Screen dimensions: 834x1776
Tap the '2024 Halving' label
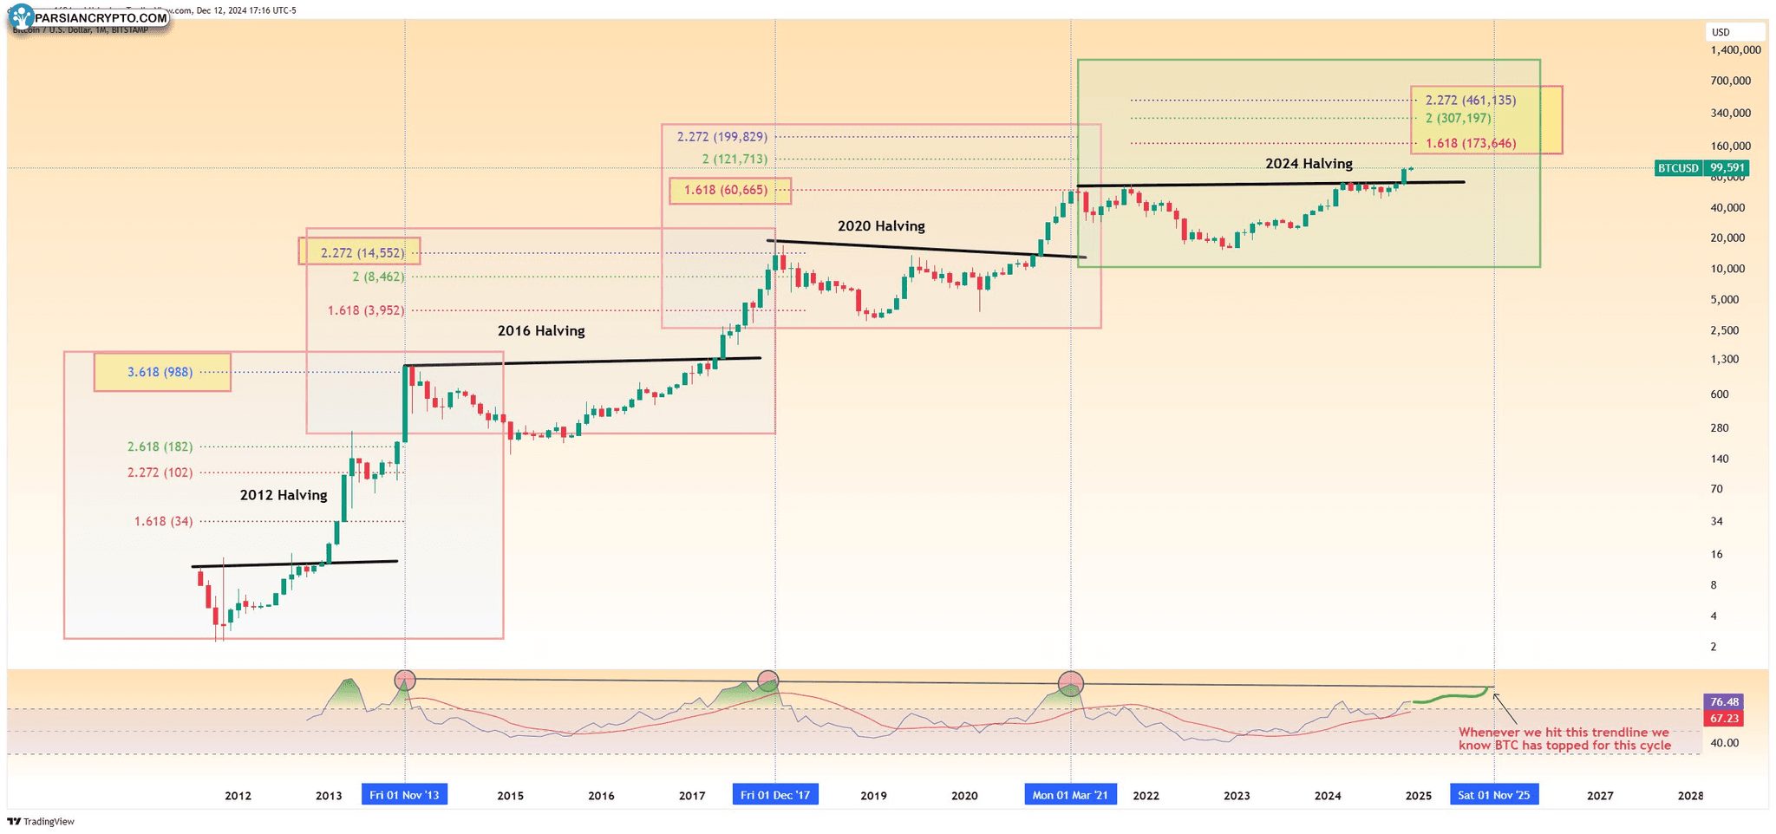point(1308,164)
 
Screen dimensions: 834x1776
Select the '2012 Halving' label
point(284,495)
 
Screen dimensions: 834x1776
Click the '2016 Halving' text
point(541,330)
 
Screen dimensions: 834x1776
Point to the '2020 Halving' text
point(881,226)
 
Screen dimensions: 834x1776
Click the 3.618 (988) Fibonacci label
point(161,372)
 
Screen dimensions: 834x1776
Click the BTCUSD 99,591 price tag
point(1701,168)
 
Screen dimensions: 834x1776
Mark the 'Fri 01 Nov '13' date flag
point(404,795)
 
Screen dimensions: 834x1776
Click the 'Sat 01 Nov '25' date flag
point(1493,795)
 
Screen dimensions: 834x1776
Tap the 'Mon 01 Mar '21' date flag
point(1070,795)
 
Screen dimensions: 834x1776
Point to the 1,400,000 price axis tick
point(1735,50)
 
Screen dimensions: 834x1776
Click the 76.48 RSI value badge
point(1724,702)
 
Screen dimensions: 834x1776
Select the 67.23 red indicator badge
point(1724,719)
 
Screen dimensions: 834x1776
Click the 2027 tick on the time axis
point(1600,796)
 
